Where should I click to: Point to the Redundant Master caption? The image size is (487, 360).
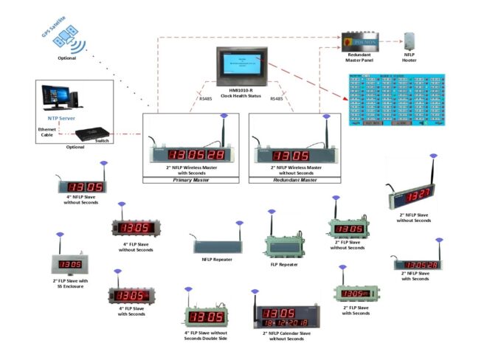(293, 180)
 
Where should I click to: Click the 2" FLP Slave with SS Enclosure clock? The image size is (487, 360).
(71, 263)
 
